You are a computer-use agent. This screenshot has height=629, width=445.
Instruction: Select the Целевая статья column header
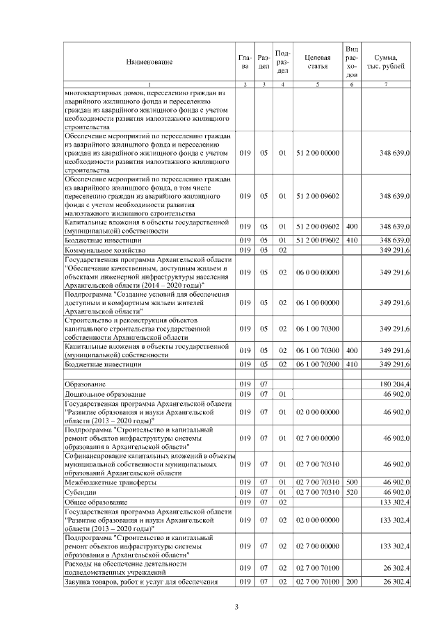pyautogui.click(x=316, y=62)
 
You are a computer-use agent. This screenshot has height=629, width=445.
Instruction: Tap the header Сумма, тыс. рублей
pyautogui.click(x=385, y=62)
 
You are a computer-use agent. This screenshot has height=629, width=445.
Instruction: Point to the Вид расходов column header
pyautogui.click(x=352, y=62)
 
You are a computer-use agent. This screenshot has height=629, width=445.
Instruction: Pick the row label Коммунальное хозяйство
pyautogui.click(x=104, y=250)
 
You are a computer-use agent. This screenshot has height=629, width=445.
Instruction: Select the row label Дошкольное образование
pyautogui.click(x=106, y=394)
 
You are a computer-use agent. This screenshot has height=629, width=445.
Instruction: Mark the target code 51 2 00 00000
pyautogui.click(x=317, y=152)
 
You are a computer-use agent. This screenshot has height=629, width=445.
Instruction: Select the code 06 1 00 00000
pyautogui.click(x=317, y=303)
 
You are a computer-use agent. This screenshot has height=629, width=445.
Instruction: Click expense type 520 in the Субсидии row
pyautogui.click(x=352, y=491)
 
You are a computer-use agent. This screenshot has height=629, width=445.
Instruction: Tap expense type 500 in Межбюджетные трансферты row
pyautogui.click(x=352, y=482)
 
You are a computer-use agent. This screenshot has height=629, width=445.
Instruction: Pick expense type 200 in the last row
pyautogui.click(x=352, y=581)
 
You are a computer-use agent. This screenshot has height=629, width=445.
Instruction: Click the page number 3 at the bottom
pyautogui.click(x=236, y=609)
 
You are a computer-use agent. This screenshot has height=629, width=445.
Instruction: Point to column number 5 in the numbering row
pyautogui.click(x=317, y=85)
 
